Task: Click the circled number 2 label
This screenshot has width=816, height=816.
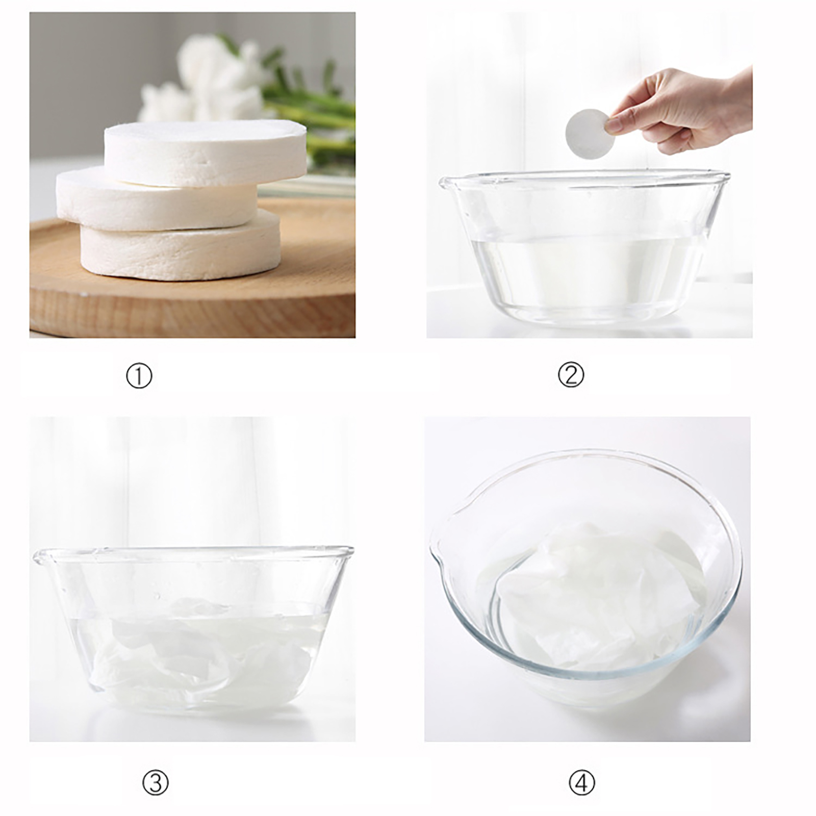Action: click(x=571, y=375)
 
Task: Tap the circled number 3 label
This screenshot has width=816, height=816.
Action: click(x=155, y=782)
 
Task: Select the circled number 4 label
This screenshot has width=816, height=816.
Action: click(x=581, y=782)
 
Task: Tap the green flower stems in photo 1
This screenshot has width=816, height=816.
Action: click(x=311, y=117)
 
